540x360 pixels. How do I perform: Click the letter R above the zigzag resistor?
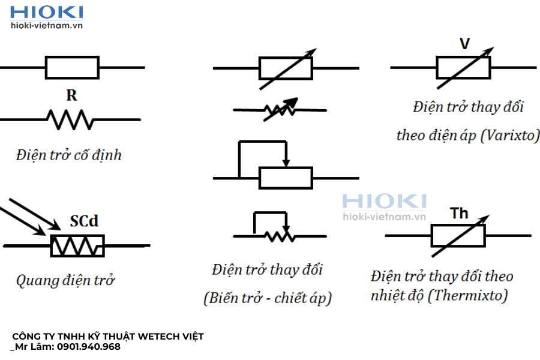coord(72,95)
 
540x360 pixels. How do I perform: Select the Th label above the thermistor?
coord(459,213)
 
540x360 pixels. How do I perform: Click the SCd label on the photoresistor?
coord(84,221)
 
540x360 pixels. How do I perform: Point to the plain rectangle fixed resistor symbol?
coord(72,68)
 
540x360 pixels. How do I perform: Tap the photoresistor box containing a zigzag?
coord(77,245)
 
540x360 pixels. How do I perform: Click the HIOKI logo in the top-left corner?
coord(47,12)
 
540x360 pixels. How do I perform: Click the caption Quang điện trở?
coord(65,280)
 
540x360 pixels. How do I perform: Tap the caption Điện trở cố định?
coord(69,155)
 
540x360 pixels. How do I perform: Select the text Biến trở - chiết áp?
coord(268,298)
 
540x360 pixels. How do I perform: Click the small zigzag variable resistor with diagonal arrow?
coord(280,110)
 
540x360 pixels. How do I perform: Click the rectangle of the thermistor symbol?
coord(458,236)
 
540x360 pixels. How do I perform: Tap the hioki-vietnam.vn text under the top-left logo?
coord(47,26)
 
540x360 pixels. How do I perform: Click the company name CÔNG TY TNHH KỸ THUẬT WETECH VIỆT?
coord(108,337)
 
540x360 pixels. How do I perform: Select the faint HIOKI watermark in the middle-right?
coord(384,201)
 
